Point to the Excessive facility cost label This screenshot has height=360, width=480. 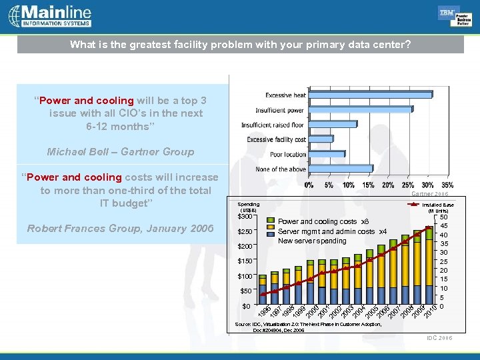(x=277, y=139)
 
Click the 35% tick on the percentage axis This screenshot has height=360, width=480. (x=448, y=185)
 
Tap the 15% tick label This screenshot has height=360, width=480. (x=368, y=185)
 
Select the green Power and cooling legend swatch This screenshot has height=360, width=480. (x=270, y=221)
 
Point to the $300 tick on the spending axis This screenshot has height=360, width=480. (x=245, y=216)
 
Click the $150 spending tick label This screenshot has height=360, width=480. (x=245, y=261)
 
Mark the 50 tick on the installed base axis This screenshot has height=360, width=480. (x=444, y=217)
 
